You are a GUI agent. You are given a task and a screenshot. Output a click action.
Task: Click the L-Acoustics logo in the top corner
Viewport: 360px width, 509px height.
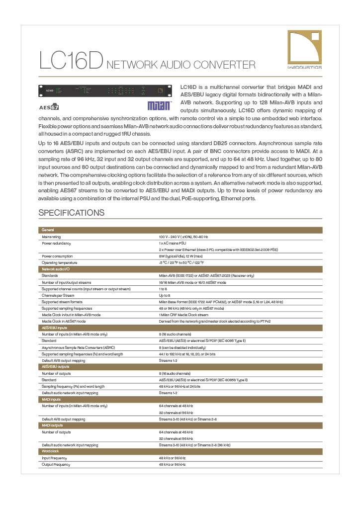tap(304, 49)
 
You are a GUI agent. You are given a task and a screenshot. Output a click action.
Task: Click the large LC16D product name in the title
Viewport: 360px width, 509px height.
tap(71, 61)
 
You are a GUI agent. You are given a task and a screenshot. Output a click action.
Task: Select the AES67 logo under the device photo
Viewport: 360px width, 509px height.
tap(49, 106)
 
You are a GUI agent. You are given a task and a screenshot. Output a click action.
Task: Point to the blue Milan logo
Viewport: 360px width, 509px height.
tap(159, 106)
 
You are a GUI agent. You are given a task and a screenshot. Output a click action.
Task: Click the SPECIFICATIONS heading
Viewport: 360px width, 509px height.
tap(72, 213)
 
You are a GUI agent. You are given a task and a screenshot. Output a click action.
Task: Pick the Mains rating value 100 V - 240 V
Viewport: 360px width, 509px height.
tap(183, 237)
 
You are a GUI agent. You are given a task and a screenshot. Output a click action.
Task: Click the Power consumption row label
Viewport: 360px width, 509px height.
tap(57, 256)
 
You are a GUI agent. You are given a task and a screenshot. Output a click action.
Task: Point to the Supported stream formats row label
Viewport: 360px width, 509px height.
tap(62, 302)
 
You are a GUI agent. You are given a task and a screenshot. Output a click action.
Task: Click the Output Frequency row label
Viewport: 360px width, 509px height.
tap(56, 464)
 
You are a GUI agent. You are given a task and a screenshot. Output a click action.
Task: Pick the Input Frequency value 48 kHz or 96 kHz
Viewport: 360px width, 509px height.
tap(172, 458)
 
